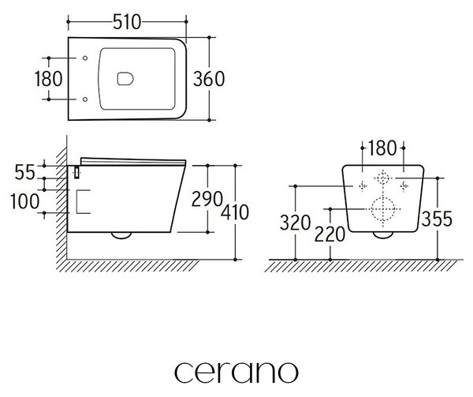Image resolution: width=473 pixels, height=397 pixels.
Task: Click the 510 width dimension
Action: (x=127, y=22)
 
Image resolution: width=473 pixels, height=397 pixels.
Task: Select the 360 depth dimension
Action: (x=209, y=79)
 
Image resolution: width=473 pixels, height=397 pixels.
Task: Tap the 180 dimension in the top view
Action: (x=49, y=78)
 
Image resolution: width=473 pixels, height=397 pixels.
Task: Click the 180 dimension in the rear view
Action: (x=382, y=148)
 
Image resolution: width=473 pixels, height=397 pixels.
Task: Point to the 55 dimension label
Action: (x=24, y=173)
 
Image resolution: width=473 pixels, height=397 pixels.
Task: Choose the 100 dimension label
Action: (x=24, y=201)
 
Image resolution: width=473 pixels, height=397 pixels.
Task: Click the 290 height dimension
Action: (x=207, y=199)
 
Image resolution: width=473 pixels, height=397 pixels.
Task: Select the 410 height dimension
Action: (x=235, y=212)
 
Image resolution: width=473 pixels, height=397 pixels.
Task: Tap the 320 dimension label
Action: (x=295, y=223)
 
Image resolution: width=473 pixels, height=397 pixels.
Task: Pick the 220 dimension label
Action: (x=330, y=234)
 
